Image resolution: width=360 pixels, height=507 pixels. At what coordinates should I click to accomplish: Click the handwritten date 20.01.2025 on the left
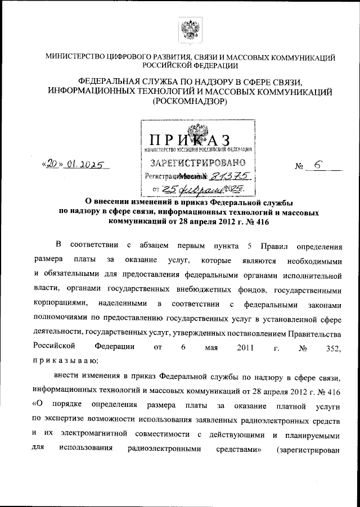pos(75,166)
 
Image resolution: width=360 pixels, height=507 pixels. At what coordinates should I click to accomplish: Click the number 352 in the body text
pos(333,348)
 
